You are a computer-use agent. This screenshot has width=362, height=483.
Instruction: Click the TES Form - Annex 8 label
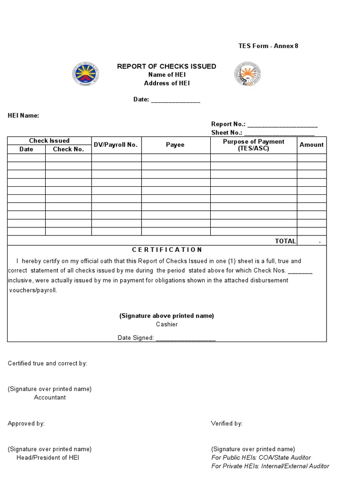(x=268, y=46)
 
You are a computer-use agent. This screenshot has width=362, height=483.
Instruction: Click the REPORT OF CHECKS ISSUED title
(x=166, y=67)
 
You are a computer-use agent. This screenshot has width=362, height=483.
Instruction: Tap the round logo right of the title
(x=247, y=75)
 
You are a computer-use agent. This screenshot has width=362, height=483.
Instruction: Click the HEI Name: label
(x=23, y=116)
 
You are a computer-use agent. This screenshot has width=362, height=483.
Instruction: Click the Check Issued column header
(x=49, y=141)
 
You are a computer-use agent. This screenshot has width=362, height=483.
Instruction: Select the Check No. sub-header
(x=68, y=149)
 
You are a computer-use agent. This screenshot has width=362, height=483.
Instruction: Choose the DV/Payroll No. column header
(x=115, y=145)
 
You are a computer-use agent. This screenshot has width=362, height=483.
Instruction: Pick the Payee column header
(x=175, y=145)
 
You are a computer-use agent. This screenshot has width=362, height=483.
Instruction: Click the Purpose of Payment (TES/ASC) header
(x=254, y=145)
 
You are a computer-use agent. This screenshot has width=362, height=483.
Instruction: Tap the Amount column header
(x=312, y=145)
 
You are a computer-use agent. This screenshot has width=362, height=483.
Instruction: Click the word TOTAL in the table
(x=285, y=241)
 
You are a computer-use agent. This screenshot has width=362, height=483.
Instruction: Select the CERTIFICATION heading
(x=167, y=250)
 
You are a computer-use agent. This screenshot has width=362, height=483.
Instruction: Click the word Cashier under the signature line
(x=167, y=324)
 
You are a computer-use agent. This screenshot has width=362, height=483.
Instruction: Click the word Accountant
(x=50, y=397)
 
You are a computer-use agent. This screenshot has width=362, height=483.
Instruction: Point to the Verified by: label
(x=226, y=424)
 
